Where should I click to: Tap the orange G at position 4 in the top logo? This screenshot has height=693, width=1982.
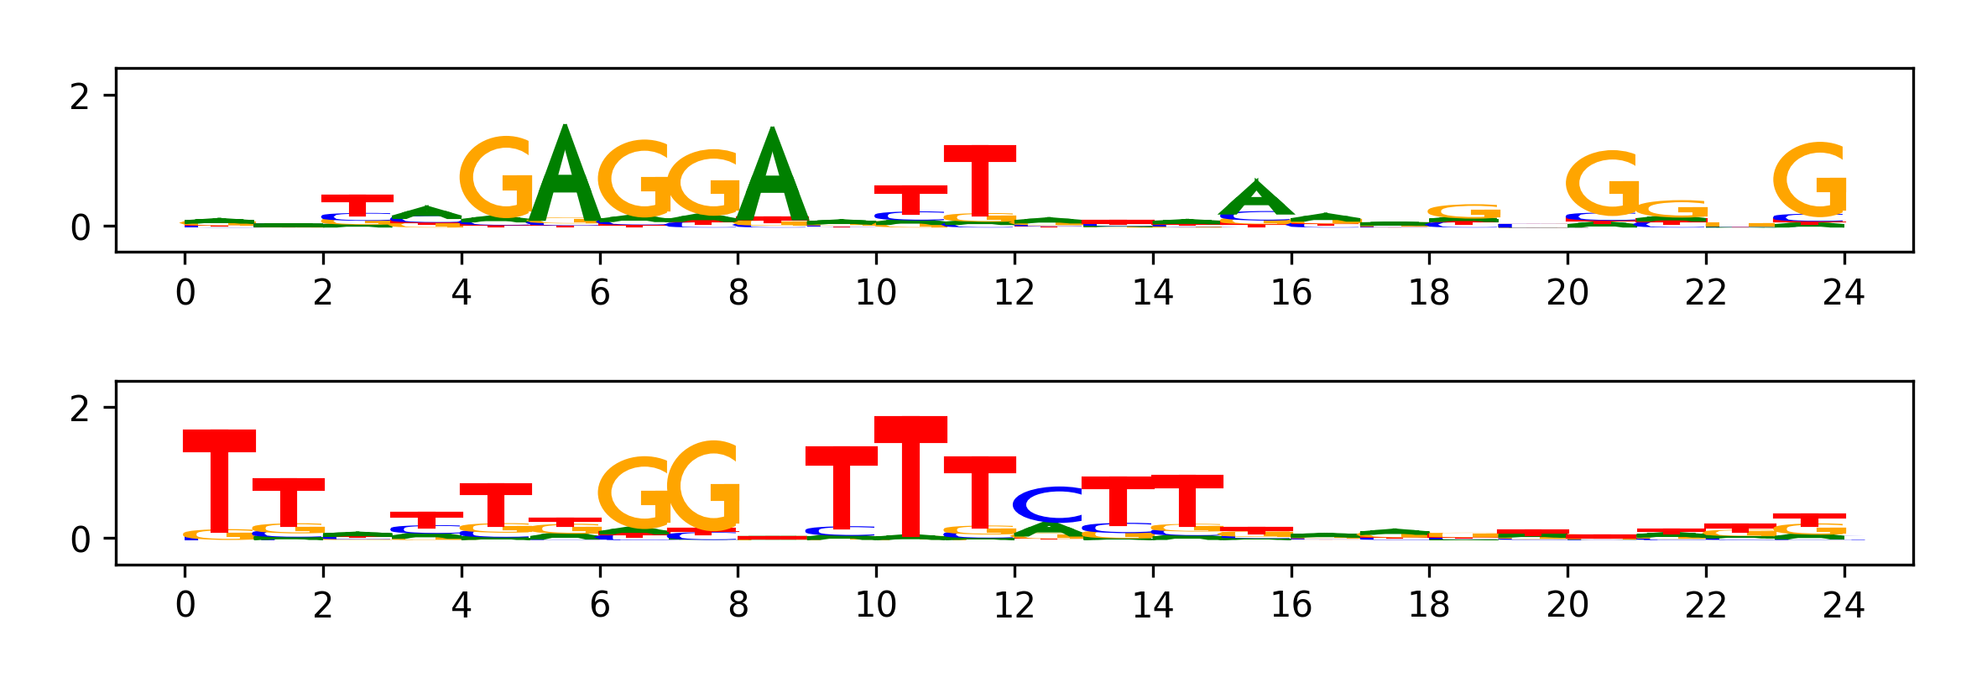(498, 178)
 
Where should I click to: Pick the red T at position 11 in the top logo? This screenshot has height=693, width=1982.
(979, 180)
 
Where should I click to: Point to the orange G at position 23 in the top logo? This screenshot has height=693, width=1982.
(1811, 180)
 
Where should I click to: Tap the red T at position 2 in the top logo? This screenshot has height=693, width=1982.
(357, 203)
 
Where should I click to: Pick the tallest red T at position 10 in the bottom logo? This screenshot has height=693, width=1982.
(910, 474)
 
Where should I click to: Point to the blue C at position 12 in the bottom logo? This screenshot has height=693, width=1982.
(1049, 504)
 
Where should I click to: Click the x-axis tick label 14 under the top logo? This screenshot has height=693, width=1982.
(1152, 293)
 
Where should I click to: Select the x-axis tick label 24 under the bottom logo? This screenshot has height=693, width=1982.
(1844, 605)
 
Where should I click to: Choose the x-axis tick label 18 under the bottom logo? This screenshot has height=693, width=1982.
(1429, 605)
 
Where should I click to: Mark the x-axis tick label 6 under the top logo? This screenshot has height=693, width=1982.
(599, 293)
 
